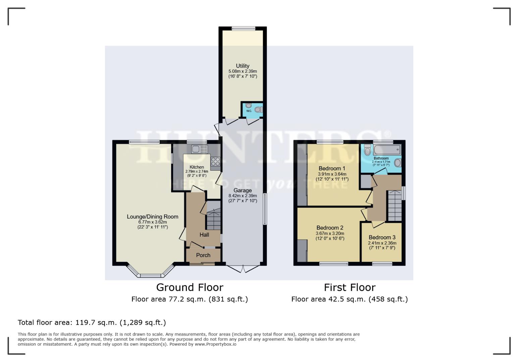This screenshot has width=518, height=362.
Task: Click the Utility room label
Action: pos(242,66)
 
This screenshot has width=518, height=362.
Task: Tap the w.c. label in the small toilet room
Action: pos(249,111)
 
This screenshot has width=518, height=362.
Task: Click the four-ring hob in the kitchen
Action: pos(215,162)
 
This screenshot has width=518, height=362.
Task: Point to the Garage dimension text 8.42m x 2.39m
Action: pos(243,196)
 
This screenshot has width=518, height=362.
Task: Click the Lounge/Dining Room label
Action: pos(152,217)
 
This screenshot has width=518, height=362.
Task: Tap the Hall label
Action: pos(204,235)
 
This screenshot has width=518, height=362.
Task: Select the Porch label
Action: pos(203,255)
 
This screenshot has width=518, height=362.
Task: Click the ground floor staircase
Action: pos(213,220)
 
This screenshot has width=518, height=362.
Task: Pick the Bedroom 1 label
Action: pos(332,168)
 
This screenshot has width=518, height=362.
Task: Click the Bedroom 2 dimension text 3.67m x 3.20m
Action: pos(330,234)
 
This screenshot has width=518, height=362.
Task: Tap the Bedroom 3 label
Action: pos(382,237)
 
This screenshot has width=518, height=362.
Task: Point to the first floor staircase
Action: pos(395,205)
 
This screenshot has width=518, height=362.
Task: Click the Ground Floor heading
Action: pos(190,287)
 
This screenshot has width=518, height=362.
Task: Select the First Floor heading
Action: pos(350,287)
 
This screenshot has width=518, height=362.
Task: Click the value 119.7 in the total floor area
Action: pos(85,322)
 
